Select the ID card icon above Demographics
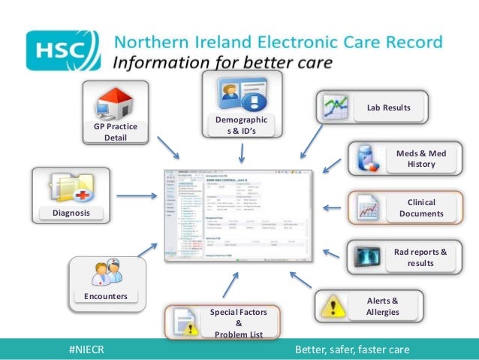point(240,95)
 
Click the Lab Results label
point(388,107)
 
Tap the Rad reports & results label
point(420,257)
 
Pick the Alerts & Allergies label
point(383,306)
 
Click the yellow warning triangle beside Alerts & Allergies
point(333,306)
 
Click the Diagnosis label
point(71,213)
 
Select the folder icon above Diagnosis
point(70,187)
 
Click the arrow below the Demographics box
point(241,153)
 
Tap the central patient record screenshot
point(237,214)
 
